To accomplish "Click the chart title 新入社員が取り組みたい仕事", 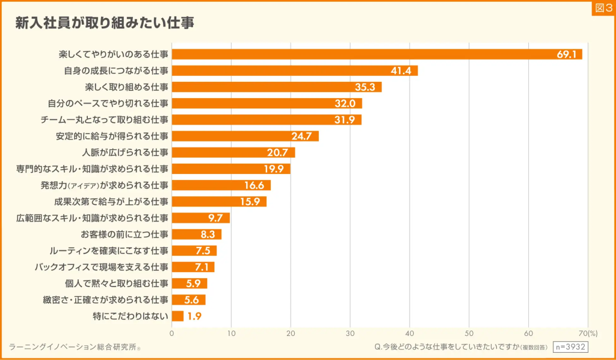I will click(105, 23).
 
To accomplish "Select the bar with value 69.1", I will click(377, 54).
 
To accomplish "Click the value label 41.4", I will click(400, 70).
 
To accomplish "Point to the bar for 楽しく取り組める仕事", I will click(277, 87).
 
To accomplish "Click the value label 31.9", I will click(345, 119).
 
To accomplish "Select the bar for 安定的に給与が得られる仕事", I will click(245, 135).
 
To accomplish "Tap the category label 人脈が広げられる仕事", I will click(128, 152).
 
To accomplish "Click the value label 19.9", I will click(274, 169).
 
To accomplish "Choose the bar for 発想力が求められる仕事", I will click(221, 185).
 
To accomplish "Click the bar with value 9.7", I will click(200, 217).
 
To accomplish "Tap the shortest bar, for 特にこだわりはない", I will click(177, 315).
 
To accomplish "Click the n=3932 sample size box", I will click(570, 347).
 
